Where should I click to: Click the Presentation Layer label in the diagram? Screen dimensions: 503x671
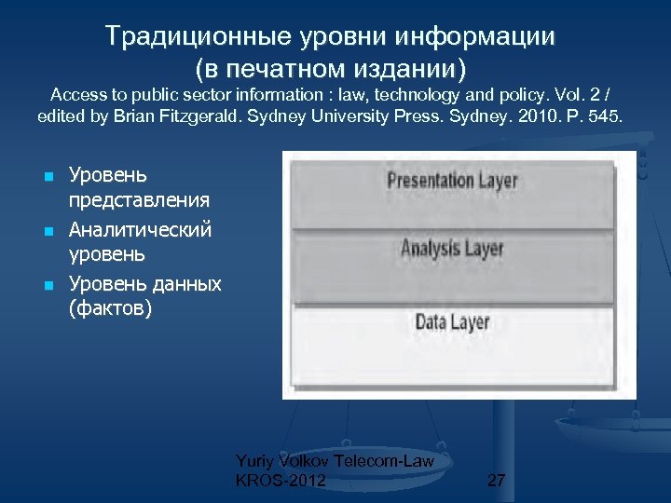452,180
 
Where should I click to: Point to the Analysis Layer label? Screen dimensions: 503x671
452,249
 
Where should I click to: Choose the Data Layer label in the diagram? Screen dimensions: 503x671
452,323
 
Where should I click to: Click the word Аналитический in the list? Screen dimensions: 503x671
141,229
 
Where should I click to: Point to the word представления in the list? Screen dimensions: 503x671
139,200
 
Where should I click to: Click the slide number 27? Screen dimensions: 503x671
497,481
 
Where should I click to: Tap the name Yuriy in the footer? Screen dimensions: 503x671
254,460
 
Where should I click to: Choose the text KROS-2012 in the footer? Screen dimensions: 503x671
281,481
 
